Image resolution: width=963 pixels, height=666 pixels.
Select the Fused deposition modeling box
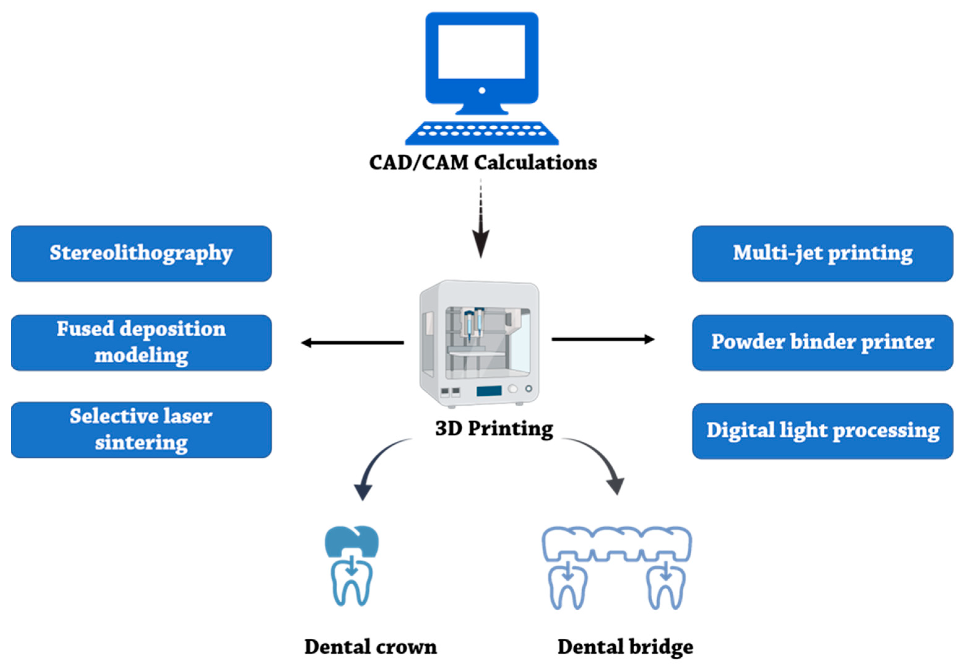point(141,343)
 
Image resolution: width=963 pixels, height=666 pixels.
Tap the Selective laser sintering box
point(141,430)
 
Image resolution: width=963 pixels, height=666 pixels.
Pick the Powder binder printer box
point(823,343)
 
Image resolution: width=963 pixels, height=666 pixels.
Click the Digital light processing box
point(823,431)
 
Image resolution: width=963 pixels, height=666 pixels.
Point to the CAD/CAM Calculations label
point(483,163)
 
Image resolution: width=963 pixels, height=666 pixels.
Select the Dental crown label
point(370,647)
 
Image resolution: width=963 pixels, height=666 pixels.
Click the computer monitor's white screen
point(482,51)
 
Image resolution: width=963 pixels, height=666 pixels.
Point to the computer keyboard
point(482,133)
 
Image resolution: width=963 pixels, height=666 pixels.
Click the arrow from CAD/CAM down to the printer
point(481,219)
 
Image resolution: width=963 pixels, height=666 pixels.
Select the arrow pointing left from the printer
point(352,343)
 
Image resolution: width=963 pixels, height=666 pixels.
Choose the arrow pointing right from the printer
point(603,339)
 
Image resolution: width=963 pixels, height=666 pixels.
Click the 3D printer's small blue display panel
point(489,391)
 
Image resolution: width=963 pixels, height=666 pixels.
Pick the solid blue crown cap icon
point(352,541)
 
